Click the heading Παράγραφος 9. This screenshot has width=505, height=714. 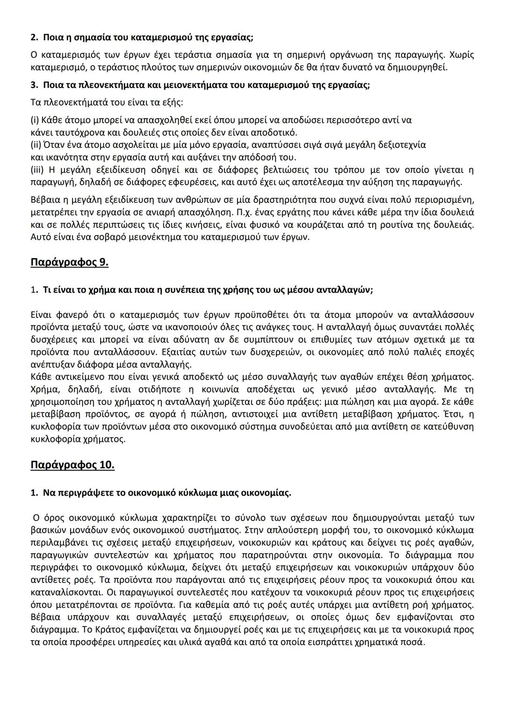[69, 262]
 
